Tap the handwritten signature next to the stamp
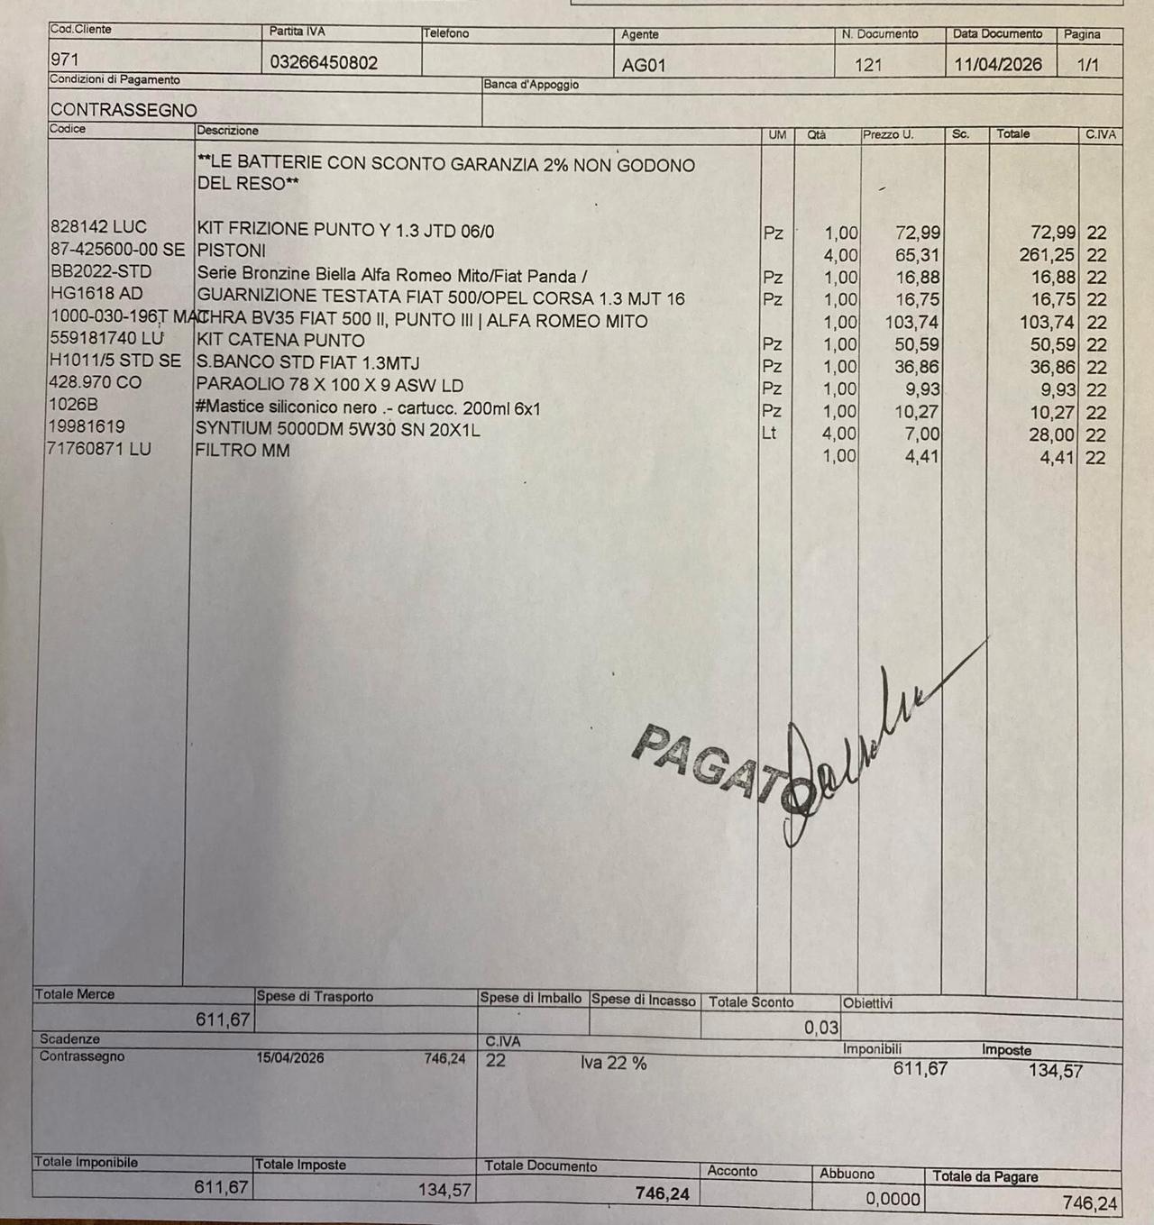tap(865, 730)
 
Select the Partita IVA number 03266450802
tap(324, 63)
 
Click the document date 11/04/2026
tap(998, 65)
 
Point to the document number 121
tap(867, 65)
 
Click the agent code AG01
tap(644, 65)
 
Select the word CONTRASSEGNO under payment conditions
tap(124, 110)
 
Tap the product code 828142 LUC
tap(98, 227)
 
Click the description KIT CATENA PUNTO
tap(280, 341)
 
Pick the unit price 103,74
tap(911, 322)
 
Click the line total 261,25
tap(1047, 255)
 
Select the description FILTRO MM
tap(243, 450)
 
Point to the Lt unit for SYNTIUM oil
tap(769, 433)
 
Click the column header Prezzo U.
tap(888, 135)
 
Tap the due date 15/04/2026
tap(290, 1058)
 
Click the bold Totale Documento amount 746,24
tap(662, 1193)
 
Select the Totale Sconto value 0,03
tap(820, 1027)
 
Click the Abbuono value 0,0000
tap(893, 1199)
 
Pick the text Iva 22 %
tap(613, 1063)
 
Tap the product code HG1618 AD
tap(96, 294)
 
